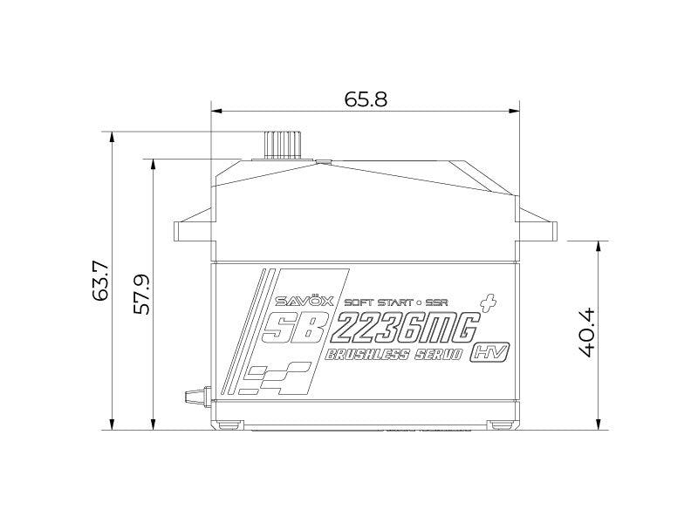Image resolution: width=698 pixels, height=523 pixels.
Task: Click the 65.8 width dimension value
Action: tap(366, 98)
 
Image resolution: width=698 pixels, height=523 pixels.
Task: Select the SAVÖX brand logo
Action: tap(298, 302)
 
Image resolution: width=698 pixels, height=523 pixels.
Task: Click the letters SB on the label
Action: tap(298, 329)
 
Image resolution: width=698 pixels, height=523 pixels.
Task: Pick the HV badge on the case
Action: tap(489, 353)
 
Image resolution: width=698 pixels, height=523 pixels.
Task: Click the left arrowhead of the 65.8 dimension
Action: tap(215, 112)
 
